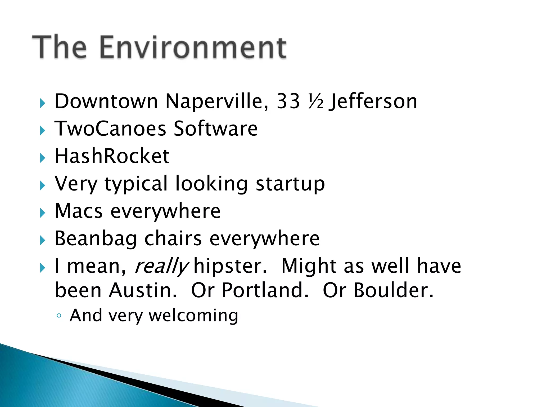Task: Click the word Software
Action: (x=216, y=129)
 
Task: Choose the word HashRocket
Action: (x=112, y=156)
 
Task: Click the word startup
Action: (x=290, y=184)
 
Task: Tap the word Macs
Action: (x=79, y=211)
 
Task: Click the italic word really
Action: (x=161, y=266)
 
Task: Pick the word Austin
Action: (x=143, y=290)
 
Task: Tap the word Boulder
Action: (x=393, y=290)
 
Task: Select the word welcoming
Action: (x=193, y=316)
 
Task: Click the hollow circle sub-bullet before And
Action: (x=59, y=316)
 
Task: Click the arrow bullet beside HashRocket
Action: (x=42, y=158)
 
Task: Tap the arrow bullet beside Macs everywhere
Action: (x=42, y=213)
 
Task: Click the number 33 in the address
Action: (x=288, y=101)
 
